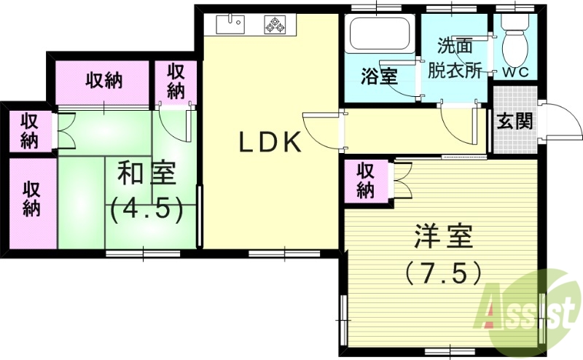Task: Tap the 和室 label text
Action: [x=146, y=175]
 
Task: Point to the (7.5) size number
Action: [x=442, y=273]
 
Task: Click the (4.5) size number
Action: [x=146, y=210]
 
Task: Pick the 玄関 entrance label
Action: [x=514, y=121]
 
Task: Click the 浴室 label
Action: [x=380, y=76]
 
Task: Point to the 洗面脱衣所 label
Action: [x=455, y=58]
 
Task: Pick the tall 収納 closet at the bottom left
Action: [x=31, y=198]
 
